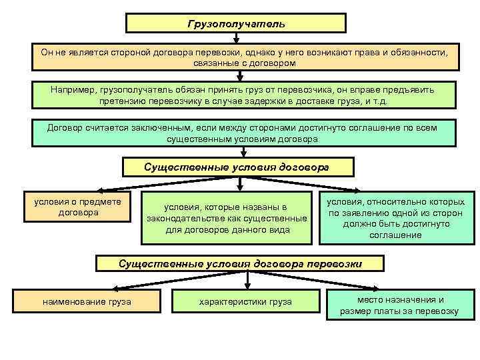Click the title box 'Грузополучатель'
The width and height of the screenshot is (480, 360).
[236, 23]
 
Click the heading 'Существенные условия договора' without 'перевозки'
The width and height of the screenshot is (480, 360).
[237, 167]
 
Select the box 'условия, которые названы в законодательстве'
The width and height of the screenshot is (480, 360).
[227, 219]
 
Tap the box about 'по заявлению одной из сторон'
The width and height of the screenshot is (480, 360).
[398, 219]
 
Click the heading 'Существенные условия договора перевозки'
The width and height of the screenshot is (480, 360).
[240, 264]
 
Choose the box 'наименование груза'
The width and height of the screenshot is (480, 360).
[87, 302]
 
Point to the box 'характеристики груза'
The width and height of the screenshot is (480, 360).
[245, 302]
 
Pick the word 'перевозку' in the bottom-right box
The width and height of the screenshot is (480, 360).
[437, 311]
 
